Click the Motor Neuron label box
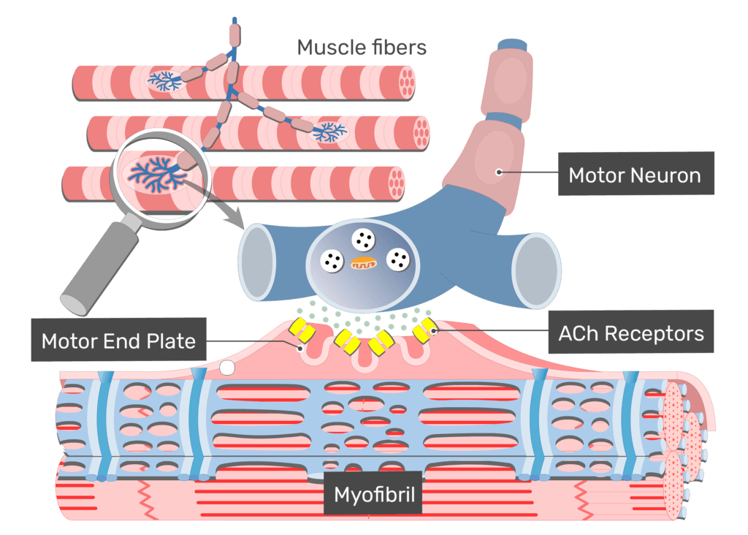635,175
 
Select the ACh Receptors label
630,334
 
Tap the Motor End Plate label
118,341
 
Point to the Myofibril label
374,495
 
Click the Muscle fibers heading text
361,48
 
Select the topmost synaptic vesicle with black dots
363,239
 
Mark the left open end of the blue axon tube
258,262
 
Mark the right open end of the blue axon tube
535,270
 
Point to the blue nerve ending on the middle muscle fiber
330,132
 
